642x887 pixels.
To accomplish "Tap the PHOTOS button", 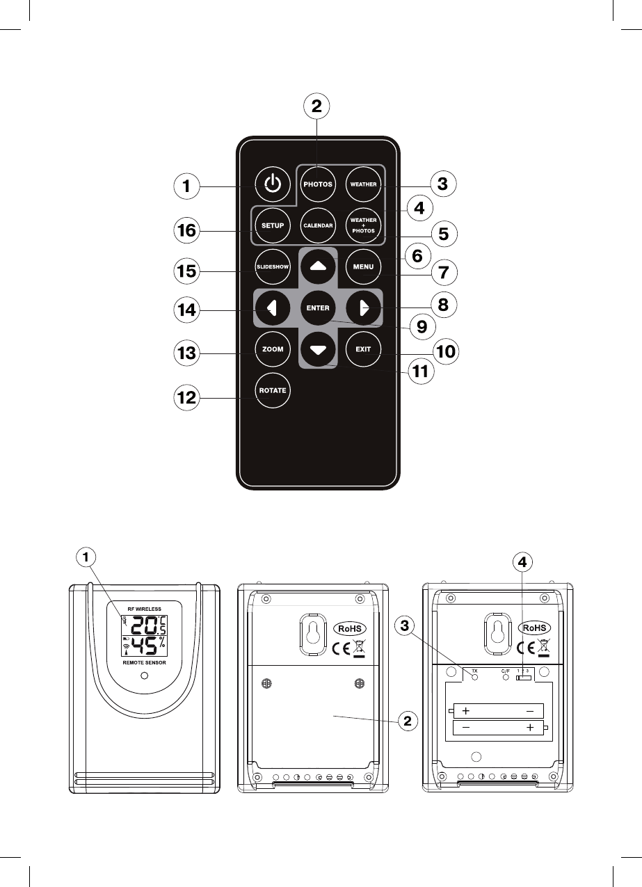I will point(318,184).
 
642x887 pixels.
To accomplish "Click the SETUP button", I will point(272,225).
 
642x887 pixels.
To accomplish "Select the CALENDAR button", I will point(318,225).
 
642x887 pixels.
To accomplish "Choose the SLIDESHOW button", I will point(272,266).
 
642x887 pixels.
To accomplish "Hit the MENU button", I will point(363,266).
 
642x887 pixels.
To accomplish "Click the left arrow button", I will point(272,307).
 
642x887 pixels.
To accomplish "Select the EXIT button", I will point(363,349).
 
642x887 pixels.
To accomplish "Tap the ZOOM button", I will point(272,349).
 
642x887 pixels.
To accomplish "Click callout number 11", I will point(419,371).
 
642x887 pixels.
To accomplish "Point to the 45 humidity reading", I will point(142,646).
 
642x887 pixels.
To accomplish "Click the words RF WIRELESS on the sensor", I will point(145,609).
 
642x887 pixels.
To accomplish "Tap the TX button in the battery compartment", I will point(476,677).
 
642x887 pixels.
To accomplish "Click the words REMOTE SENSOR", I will point(145,664).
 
